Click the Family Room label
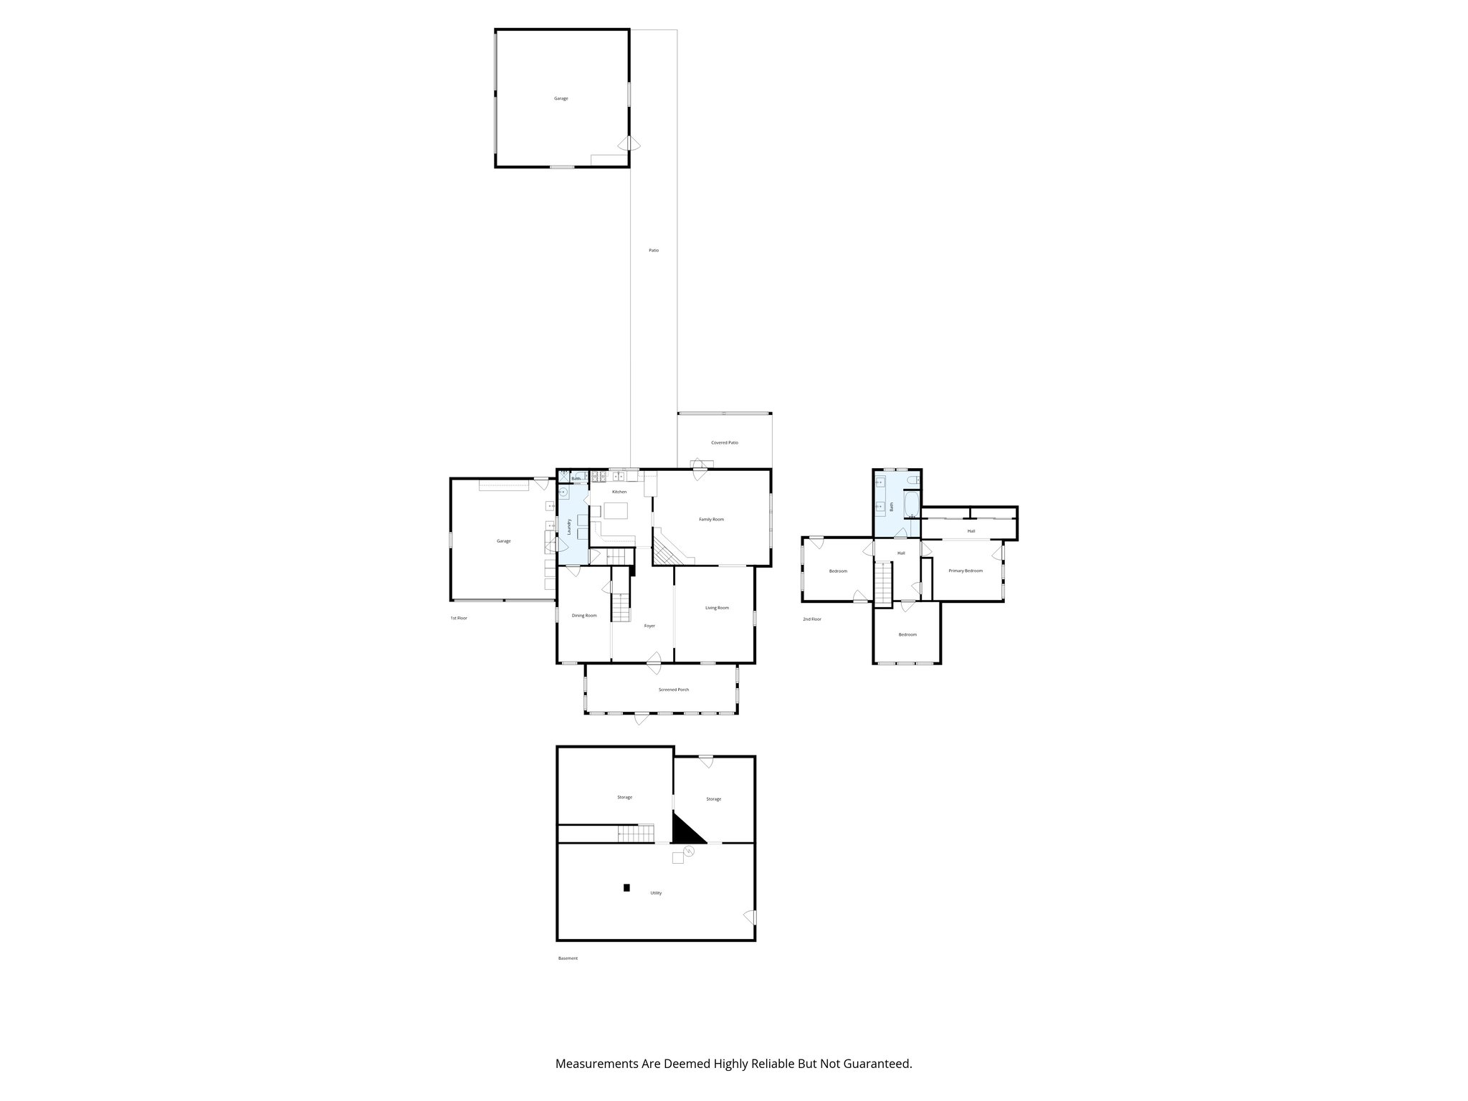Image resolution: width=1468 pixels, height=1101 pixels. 711,519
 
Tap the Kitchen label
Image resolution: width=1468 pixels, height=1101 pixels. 619,492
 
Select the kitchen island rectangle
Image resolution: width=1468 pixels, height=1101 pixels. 616,510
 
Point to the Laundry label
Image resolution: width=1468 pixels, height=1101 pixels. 569,528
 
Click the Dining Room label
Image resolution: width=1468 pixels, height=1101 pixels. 584,615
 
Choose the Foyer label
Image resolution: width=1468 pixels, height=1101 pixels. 649,626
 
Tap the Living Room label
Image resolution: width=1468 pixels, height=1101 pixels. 717,608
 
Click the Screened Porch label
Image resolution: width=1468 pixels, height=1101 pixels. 674,690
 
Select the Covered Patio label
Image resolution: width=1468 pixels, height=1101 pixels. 724,443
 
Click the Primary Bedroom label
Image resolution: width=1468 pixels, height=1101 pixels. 965,571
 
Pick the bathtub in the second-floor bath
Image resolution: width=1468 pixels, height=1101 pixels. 910,505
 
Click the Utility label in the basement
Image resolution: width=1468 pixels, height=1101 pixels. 656,893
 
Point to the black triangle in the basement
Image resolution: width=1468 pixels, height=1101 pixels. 685,831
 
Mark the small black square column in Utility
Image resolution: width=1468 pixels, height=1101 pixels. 626,887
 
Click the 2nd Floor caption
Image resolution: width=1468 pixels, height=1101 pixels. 811,619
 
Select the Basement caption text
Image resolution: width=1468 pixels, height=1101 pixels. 568,958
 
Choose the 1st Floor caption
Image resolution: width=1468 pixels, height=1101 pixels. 459,618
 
